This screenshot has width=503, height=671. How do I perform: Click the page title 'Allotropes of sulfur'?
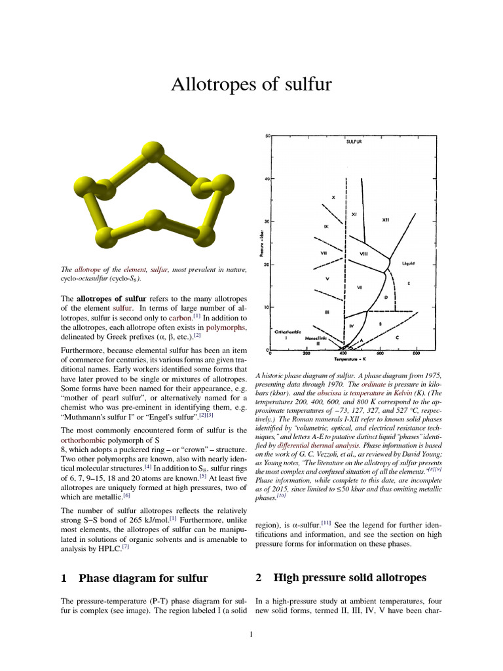[251, 84]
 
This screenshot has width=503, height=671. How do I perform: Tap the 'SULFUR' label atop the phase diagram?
[354, 141]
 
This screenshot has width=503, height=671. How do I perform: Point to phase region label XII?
[386, 220]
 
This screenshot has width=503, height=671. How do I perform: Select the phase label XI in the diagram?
[354, 214]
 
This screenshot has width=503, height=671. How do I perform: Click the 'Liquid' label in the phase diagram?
[409, 263]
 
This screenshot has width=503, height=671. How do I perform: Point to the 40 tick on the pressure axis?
[267, 178]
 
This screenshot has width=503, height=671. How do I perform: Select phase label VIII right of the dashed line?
[363, 254]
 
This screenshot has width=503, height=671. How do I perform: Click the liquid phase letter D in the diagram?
[386, 297]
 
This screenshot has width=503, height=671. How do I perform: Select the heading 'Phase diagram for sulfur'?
[143, 578]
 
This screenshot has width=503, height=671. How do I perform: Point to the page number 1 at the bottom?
[251, 634]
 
